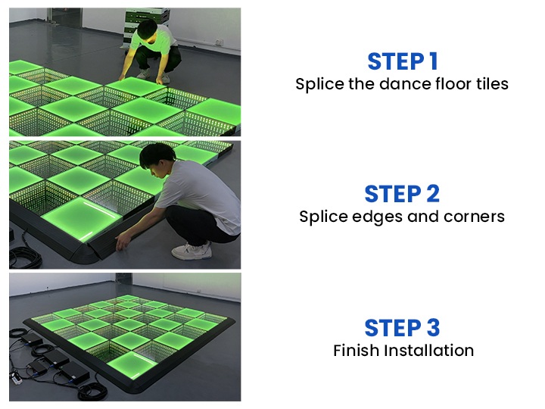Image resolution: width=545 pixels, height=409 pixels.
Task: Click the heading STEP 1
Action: pyautogui.click(x=401, y=61)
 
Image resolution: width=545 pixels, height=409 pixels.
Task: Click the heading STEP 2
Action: pyautogui.click(x=401, y=194)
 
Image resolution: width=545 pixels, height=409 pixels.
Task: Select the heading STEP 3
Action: pyautogui.click(x=401, y=328)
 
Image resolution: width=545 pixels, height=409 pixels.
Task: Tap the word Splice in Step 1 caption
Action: pyautogui.click(x=316, y=84)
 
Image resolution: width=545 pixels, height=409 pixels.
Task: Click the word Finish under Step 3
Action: pyautogui.click(x=357, y=351)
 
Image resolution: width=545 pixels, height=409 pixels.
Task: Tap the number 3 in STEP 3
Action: pyautogui.click(x=432, y=328)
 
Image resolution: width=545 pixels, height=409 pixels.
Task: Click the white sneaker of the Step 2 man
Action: pyautogui.click(x=189, y=251)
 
